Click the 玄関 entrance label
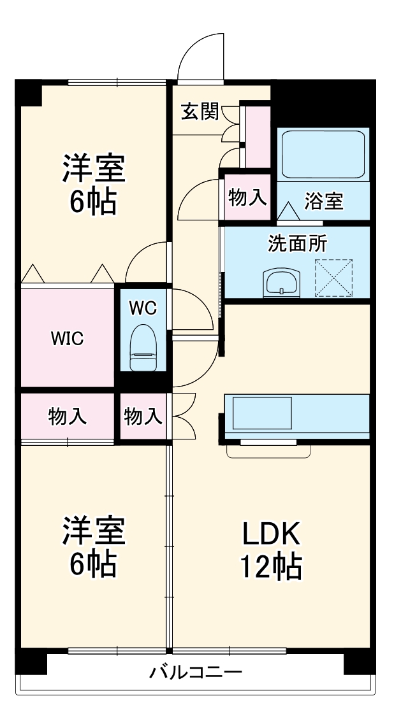[200, 112]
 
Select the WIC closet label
[67, 338]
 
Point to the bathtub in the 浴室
[323, 155]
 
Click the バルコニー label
[196, 673]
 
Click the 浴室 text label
[323, 201]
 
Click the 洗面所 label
[297, 243]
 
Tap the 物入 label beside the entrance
[247, 198]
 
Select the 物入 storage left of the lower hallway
[143, 417]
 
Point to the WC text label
[142, 308]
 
